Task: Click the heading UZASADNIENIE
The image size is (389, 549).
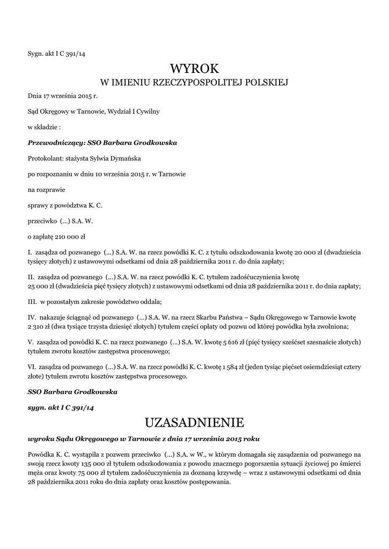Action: click(x=194, y=423)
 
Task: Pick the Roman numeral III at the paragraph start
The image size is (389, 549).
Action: click(x=32, y=301)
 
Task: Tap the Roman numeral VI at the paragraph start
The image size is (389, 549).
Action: click(x=32, y=367)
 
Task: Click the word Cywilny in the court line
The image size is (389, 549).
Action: click(x=147, y=112)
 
